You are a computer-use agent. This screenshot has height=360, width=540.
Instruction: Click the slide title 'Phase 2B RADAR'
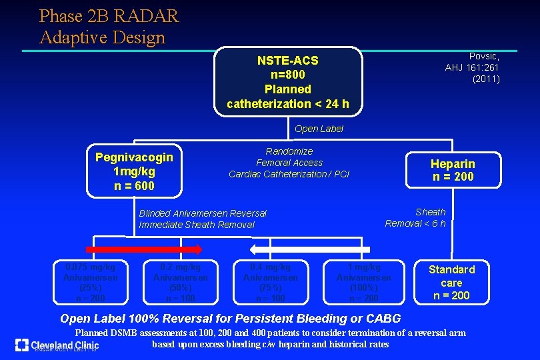pyautogui.click(x=109, y=15)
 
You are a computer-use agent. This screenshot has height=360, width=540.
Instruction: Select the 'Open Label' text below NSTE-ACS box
pyautogui.click(x=319, y=129)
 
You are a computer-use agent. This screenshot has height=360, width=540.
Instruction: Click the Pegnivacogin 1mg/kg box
pyautogui.click(x=134, y=171)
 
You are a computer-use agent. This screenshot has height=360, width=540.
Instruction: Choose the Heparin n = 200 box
pyautogui.click(x=453, y=170)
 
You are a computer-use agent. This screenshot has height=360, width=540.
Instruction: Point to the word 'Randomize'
pyautogui.click(x=289, y=151)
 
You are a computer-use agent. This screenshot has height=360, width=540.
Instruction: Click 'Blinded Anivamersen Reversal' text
pyautogui.click(x=202, y=213)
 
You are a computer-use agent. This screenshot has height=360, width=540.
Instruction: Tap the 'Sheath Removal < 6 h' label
pyautogui.click(x=415, y=217)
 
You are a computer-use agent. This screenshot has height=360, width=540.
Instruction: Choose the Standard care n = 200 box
pyautogui.click(x=451, y=282)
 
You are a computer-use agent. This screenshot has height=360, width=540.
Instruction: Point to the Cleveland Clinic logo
pyautogui.click(x=57, y=345)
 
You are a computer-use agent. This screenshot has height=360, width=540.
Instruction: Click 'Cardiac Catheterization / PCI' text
pyautogui.click(x=289, y=174)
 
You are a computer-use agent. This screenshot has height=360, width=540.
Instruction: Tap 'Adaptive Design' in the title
pyautogui.click(x=102, y=37)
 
